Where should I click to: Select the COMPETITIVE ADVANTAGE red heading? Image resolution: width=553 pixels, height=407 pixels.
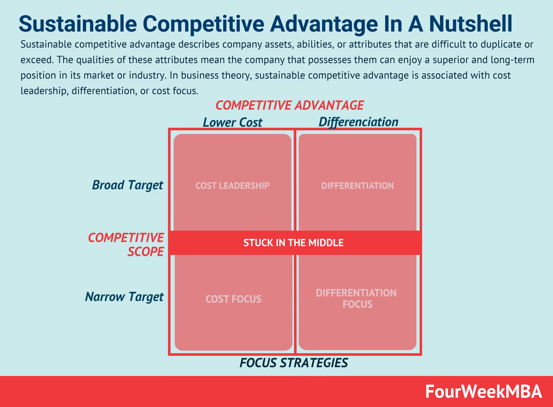click(x=289, y=105)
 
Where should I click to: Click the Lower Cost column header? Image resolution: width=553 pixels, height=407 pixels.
click(x=232, y=123)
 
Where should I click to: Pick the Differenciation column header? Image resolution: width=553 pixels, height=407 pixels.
click(x=358, y=122)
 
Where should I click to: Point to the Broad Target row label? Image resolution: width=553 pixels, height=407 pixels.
click(x=127, y=185)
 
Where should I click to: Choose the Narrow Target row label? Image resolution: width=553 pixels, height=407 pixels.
click(x=124, y=297)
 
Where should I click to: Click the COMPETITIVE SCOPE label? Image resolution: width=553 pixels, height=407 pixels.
click(x=126, y=245)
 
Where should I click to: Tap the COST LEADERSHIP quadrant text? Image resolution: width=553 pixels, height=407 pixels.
click(x=232, y=186)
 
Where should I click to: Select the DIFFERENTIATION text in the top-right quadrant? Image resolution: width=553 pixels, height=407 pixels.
click(x=357, y=186)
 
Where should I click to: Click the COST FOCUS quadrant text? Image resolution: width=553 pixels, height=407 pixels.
click(x=233, y=299)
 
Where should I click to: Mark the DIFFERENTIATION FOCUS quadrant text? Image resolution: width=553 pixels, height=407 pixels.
click(x=357, y=299)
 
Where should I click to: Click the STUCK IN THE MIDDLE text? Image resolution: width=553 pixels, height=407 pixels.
click(x=293, y=243)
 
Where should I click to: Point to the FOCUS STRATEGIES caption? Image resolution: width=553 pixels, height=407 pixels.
click(x=294, y=363)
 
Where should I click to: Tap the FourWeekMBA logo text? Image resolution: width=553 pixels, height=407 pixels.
click(x=484, y=392)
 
